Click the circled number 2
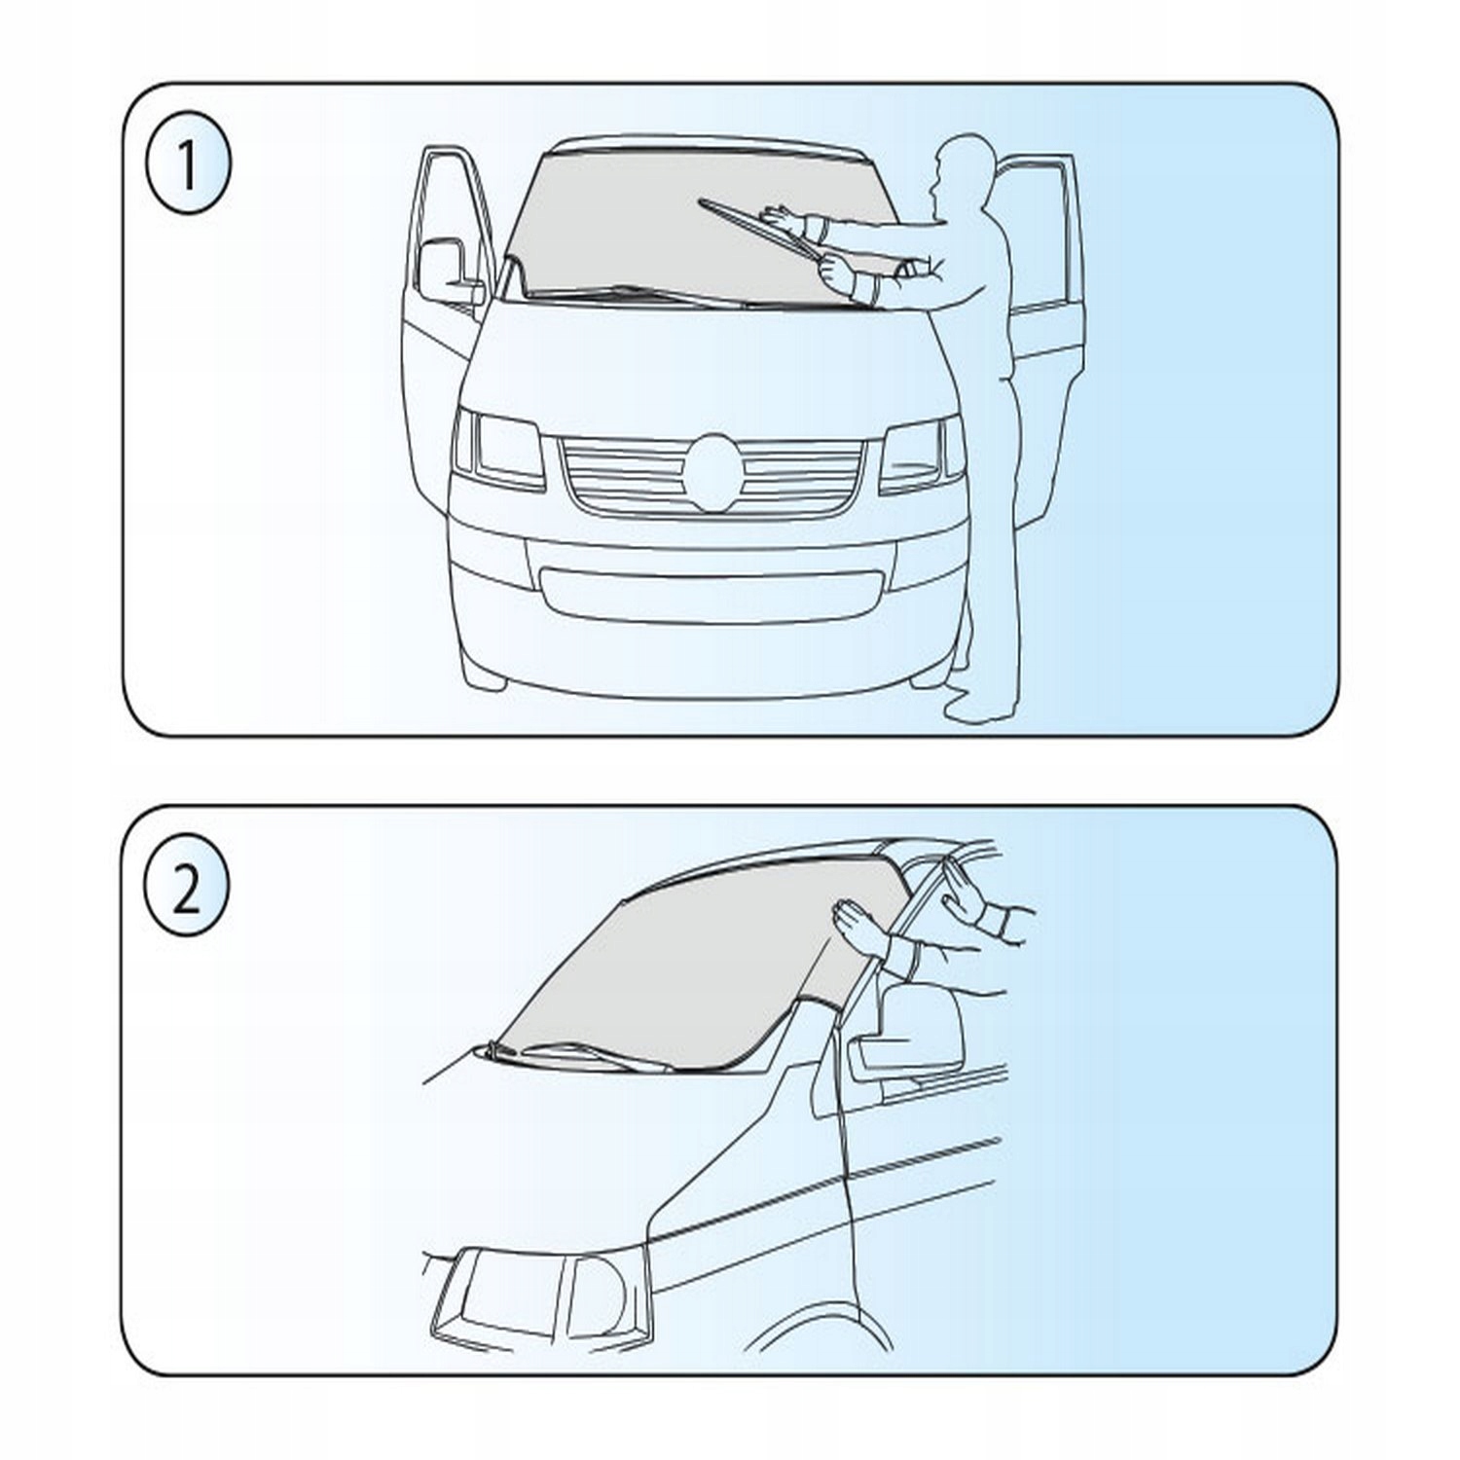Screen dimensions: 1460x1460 pyautogui.click(x=187, y=892)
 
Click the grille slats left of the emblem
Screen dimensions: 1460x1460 pyautogui.click(x=623, y=475)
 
